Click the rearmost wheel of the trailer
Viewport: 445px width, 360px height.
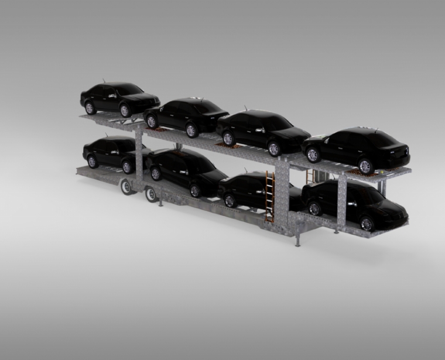coord(126,187)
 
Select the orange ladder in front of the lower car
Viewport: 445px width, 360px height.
coord(269,196)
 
